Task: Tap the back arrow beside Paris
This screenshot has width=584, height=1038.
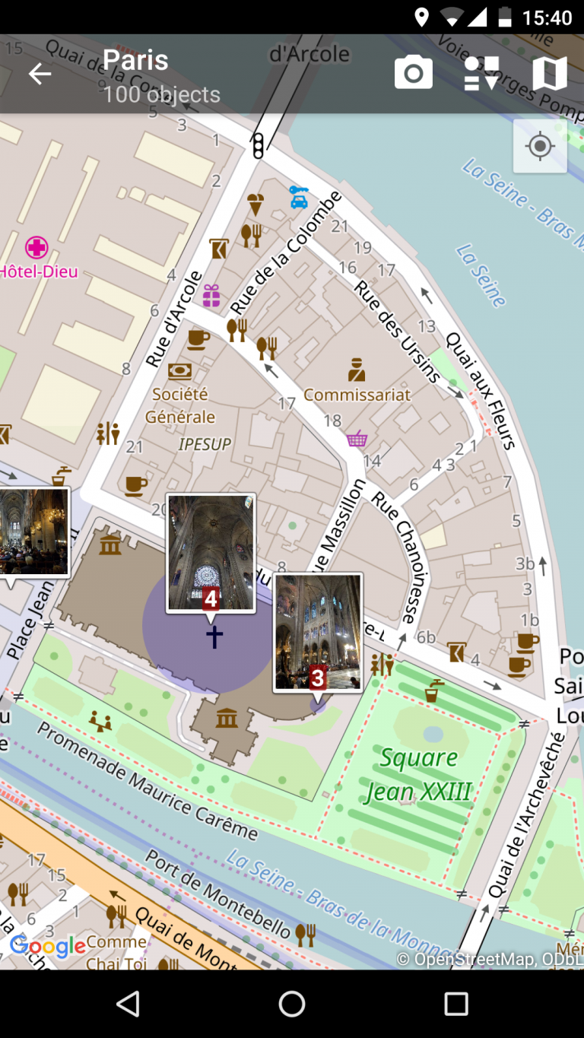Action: (x=40, y=74)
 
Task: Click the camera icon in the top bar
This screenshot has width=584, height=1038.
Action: (x=413, y=74)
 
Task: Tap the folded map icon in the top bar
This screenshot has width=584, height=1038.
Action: (x=550, y=74)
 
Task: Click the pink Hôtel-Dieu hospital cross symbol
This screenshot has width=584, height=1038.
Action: (x=36, y=247)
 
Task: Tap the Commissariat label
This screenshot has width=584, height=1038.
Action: (x=357, y=395)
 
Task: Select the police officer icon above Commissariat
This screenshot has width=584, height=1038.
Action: (x=357, y=370)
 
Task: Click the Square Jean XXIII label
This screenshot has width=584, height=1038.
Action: (x=418, y=775)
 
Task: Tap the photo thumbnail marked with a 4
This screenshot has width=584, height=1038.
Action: (x=211, y=552)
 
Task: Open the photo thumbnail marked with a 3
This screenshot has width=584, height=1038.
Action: (x=318, y=632)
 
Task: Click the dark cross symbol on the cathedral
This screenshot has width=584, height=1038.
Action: (x=214, y=636)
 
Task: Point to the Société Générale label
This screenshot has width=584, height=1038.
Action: (x=180, y=405)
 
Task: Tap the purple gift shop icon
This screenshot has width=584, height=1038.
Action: (x=211, y=295)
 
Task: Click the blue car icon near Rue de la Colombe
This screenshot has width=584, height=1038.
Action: (x=299, y=197)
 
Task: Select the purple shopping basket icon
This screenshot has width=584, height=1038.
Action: (x=357, y=439)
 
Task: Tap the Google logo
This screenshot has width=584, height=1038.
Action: (x=47, y=946)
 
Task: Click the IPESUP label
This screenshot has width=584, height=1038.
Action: (x=205, y=444)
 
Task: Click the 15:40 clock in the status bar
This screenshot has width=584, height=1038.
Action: (x=547, y=17)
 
